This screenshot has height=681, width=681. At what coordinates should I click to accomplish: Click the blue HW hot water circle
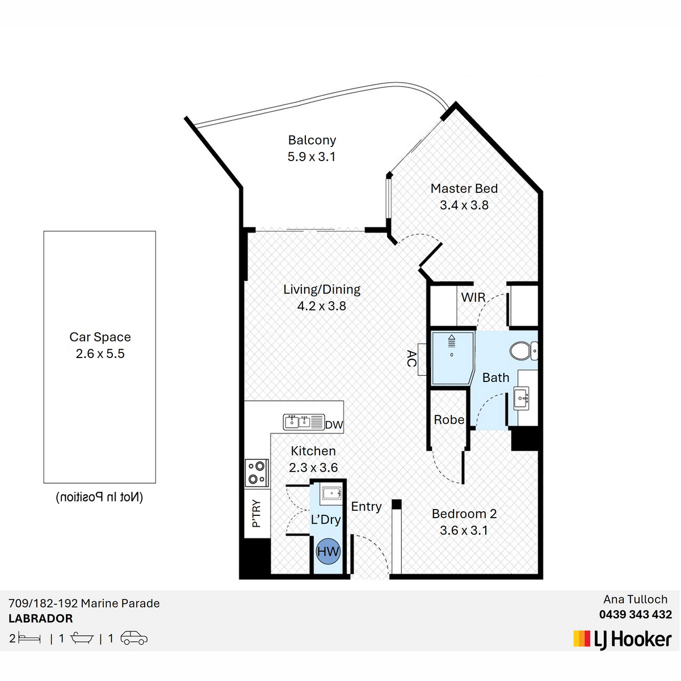[x=329, y=551]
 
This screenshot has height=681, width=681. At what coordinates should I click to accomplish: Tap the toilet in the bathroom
[x=524, y=351]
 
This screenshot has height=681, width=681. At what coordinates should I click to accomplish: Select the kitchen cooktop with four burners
[x=257, y=473]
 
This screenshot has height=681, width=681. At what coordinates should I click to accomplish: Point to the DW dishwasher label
[x=334, y=425]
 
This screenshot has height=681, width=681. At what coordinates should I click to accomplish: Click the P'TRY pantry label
[x=257, y=514]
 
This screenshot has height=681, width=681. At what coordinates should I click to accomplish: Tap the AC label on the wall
[x=411, y=358]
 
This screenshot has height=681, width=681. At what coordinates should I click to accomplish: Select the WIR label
[x=473, y=297]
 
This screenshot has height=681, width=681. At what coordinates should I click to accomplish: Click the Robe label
[x=449, y=419]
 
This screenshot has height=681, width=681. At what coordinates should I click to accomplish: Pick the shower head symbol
[x=451, y=340]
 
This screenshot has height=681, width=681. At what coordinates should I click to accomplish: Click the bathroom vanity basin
[x=522, y=398]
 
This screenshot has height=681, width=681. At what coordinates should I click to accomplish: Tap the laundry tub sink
[x=331, y=495]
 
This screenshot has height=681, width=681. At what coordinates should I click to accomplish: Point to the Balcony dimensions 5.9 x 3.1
[x=312, y=157]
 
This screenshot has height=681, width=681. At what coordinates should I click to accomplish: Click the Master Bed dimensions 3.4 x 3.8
[x=464, y=205]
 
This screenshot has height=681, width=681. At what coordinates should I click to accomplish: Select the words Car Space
[x=100, y=337]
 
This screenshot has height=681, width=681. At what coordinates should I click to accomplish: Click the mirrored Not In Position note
[x=100, y=497]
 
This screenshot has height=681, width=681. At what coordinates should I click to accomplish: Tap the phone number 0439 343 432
[x=636, y=615]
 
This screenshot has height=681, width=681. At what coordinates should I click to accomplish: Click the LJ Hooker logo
[x=623, y=640]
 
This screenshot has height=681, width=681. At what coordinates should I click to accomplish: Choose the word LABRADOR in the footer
[x=41, y=619]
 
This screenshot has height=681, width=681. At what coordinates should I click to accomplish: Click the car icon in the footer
[x=134, y=638]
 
